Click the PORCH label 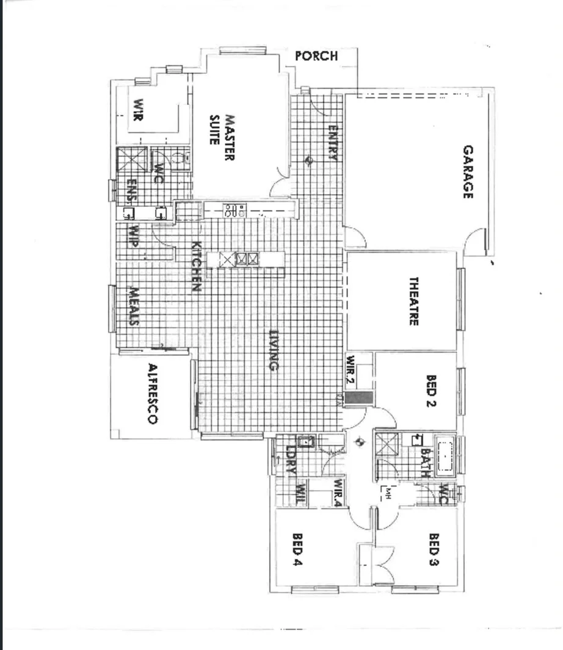point(316,56)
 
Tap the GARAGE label point(468,172)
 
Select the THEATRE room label point(413,302)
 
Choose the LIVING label point(274,350)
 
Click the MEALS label point(134,306)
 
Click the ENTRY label point(333,143)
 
